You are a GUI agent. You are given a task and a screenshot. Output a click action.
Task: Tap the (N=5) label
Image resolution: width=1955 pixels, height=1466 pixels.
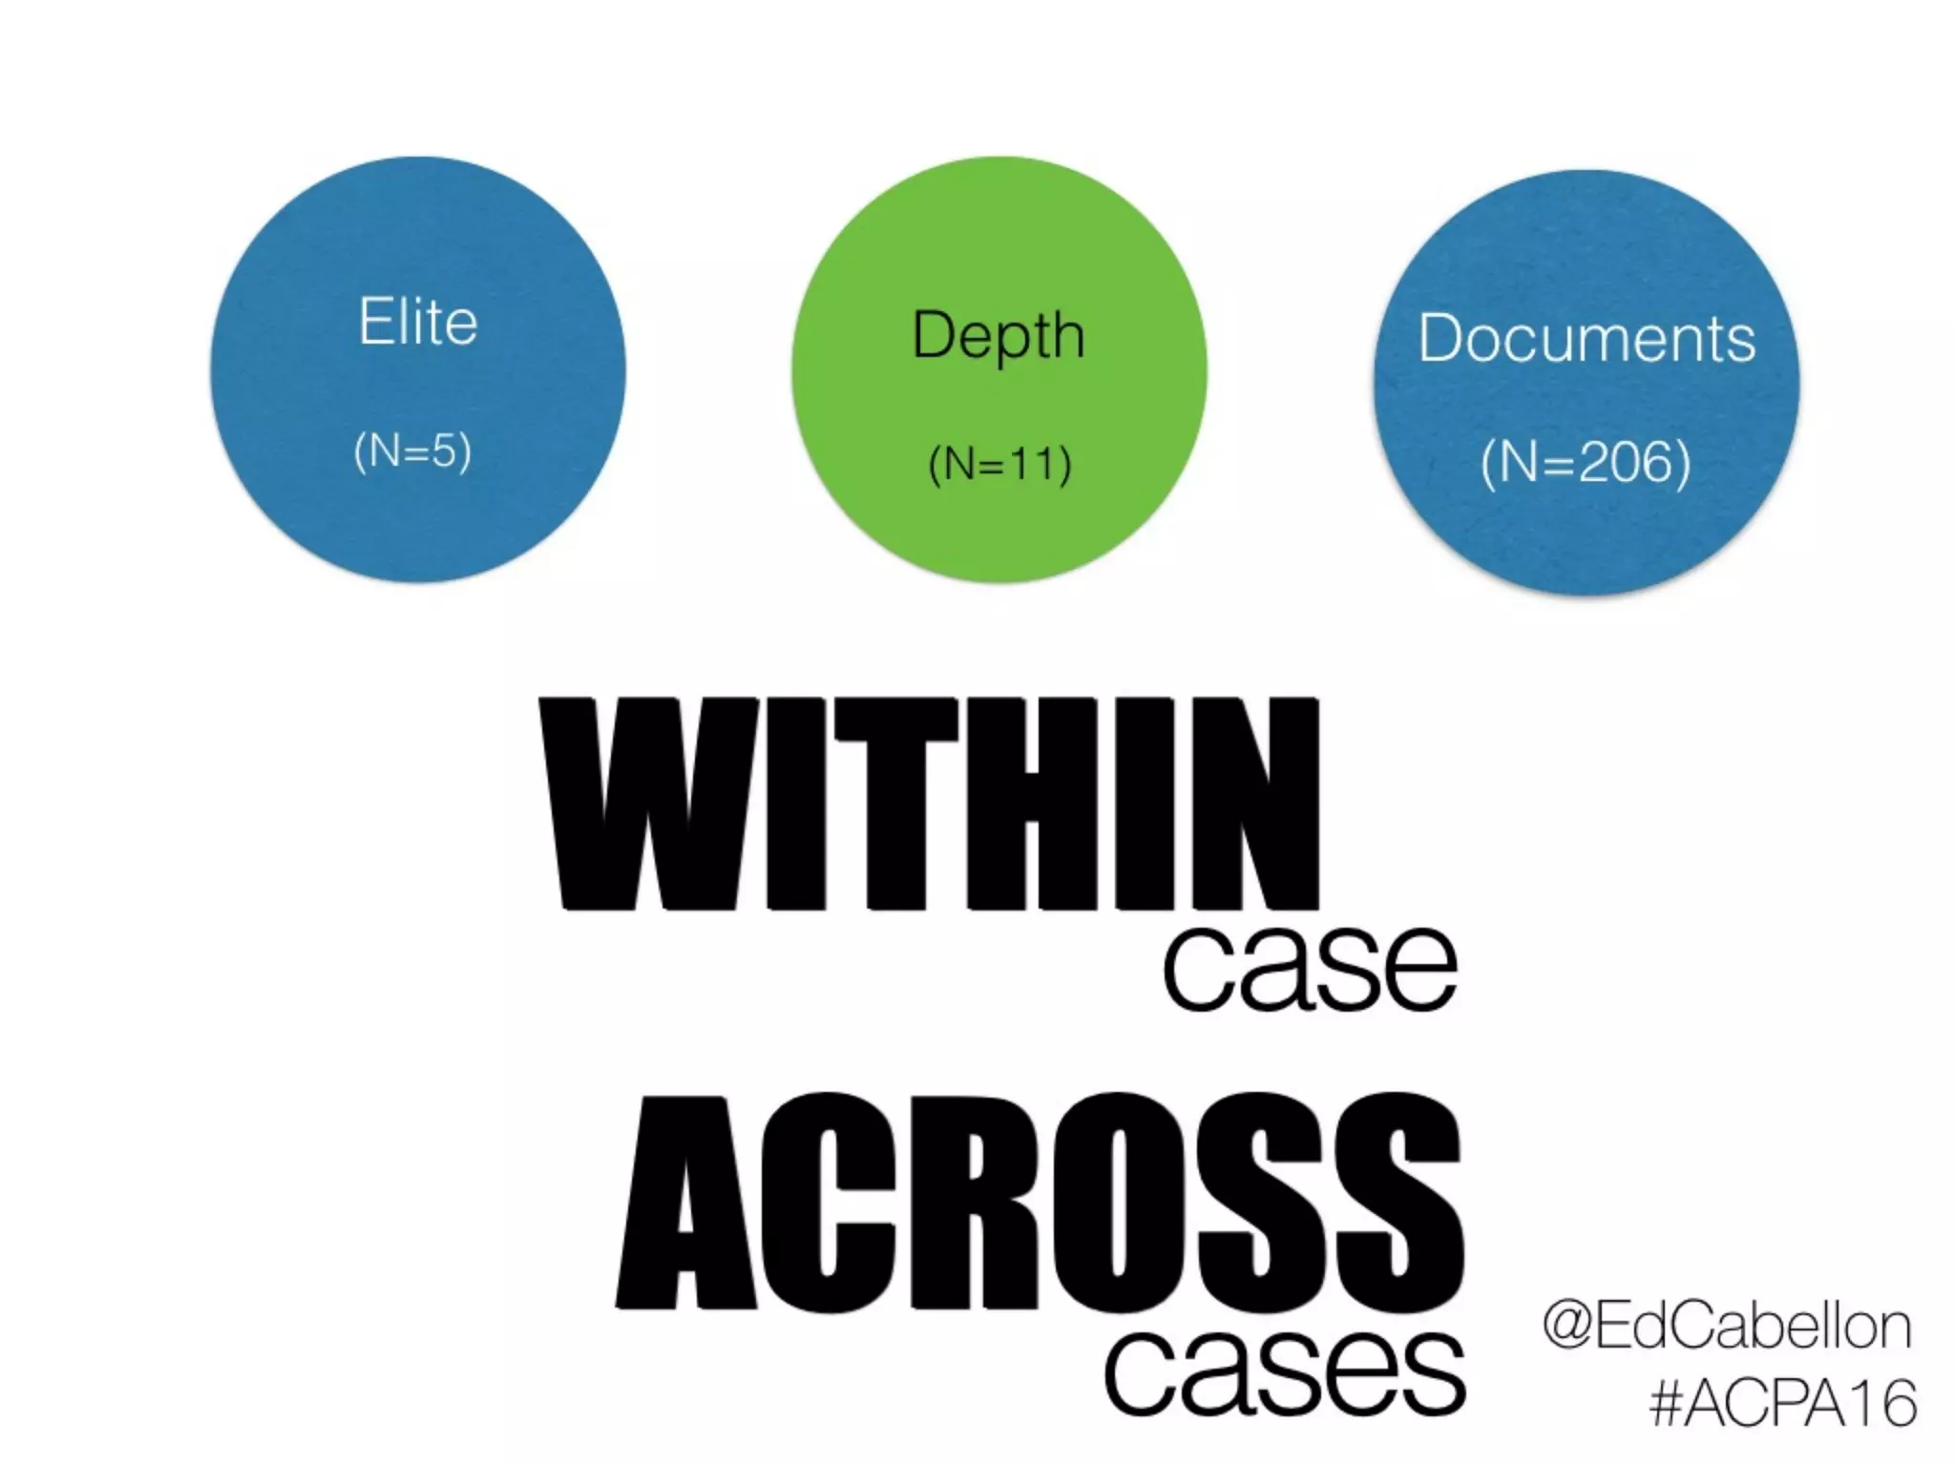pyautogui.click(x=412, y=450)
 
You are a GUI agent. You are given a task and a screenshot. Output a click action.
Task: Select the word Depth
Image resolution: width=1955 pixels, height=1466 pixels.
pyautogui.click(x=999, y=335)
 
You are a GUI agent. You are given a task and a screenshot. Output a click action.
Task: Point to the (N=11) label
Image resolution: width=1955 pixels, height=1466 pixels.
pyautogui.click(x=999, y=465)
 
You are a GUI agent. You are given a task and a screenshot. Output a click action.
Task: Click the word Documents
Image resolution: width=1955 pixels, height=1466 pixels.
pyautogui.click(x=1587, y=338)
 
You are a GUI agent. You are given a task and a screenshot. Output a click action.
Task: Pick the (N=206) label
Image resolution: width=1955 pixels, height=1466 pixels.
pyautogui.click(x=1586, y=463)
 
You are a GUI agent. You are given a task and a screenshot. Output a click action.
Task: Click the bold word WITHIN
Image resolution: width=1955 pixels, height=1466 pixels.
pyautogui.click(x=930, y=804)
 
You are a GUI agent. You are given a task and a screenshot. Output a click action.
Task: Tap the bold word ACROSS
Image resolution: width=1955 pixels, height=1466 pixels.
pyautogui.click(x=1041, y=1202)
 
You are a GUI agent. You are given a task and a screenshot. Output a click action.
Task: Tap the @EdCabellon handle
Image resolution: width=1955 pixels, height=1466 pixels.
pyautogui.click(x=1726, y=1327)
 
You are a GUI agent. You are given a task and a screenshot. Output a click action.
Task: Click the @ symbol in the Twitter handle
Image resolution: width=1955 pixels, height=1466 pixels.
pyautogui.click(x=1567, y=1327)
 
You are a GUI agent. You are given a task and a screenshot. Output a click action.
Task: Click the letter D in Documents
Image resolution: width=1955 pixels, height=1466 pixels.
pyautogui.click(x=1443, y=338)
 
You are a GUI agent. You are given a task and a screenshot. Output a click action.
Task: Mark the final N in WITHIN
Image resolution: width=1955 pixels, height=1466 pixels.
pyautogui.click(x=1251, y=804)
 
